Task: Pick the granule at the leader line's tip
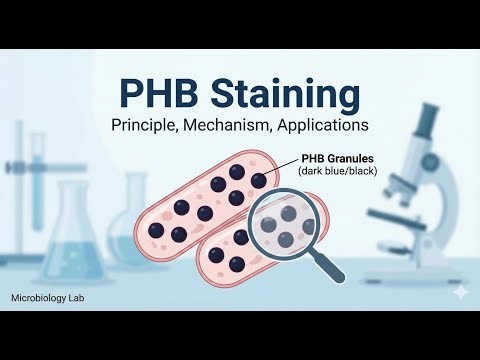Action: point(258,178)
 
